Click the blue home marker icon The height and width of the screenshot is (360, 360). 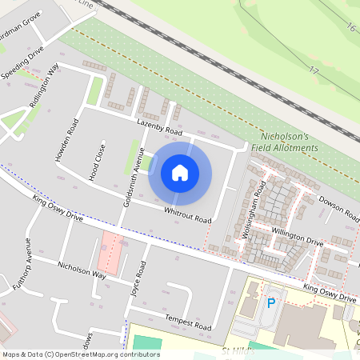pos(180,172)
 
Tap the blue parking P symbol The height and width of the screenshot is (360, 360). pos(271,303)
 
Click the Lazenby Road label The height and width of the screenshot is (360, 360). pos(160,127)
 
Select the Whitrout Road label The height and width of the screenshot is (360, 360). pos(187,214)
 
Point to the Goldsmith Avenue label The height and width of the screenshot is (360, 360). pos(131,178)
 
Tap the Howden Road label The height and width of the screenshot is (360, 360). pos(66,141)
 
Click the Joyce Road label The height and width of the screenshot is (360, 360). pos(138,279)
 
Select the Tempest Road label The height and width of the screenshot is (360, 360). pos(187,322)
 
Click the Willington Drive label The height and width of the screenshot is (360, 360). pos(297,236)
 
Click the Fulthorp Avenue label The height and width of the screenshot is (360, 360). pos(20,263)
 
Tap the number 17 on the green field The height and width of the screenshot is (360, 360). pos(314,71)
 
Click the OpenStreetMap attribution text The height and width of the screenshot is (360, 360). pos(80,354)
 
